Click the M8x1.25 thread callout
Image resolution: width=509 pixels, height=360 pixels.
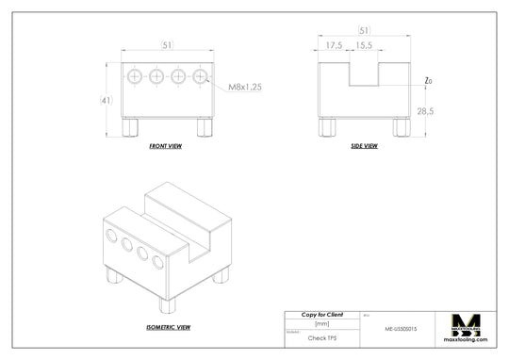click(x=245, y=86)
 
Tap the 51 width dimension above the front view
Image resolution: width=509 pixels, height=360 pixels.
click(x=167, y=44)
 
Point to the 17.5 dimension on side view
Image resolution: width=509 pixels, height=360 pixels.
click(x=334, y=44)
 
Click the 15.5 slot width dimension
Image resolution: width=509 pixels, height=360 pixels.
click(x=364, y=44)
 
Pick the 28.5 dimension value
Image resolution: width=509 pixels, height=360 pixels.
click(x=425, y=111)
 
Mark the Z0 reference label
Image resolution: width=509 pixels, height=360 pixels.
click(x=428, y=81)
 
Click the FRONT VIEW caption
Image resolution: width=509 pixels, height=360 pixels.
click(x=166, y=147)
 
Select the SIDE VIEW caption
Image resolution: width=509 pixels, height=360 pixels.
click(x=363, y=146)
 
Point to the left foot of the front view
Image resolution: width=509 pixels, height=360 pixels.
click(x=133, y=127)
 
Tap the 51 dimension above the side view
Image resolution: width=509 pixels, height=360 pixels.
click(x=364, y=31)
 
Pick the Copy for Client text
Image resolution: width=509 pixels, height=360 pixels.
click(x=321, y=314)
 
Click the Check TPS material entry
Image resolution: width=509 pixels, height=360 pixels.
click(x=321, y=335)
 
